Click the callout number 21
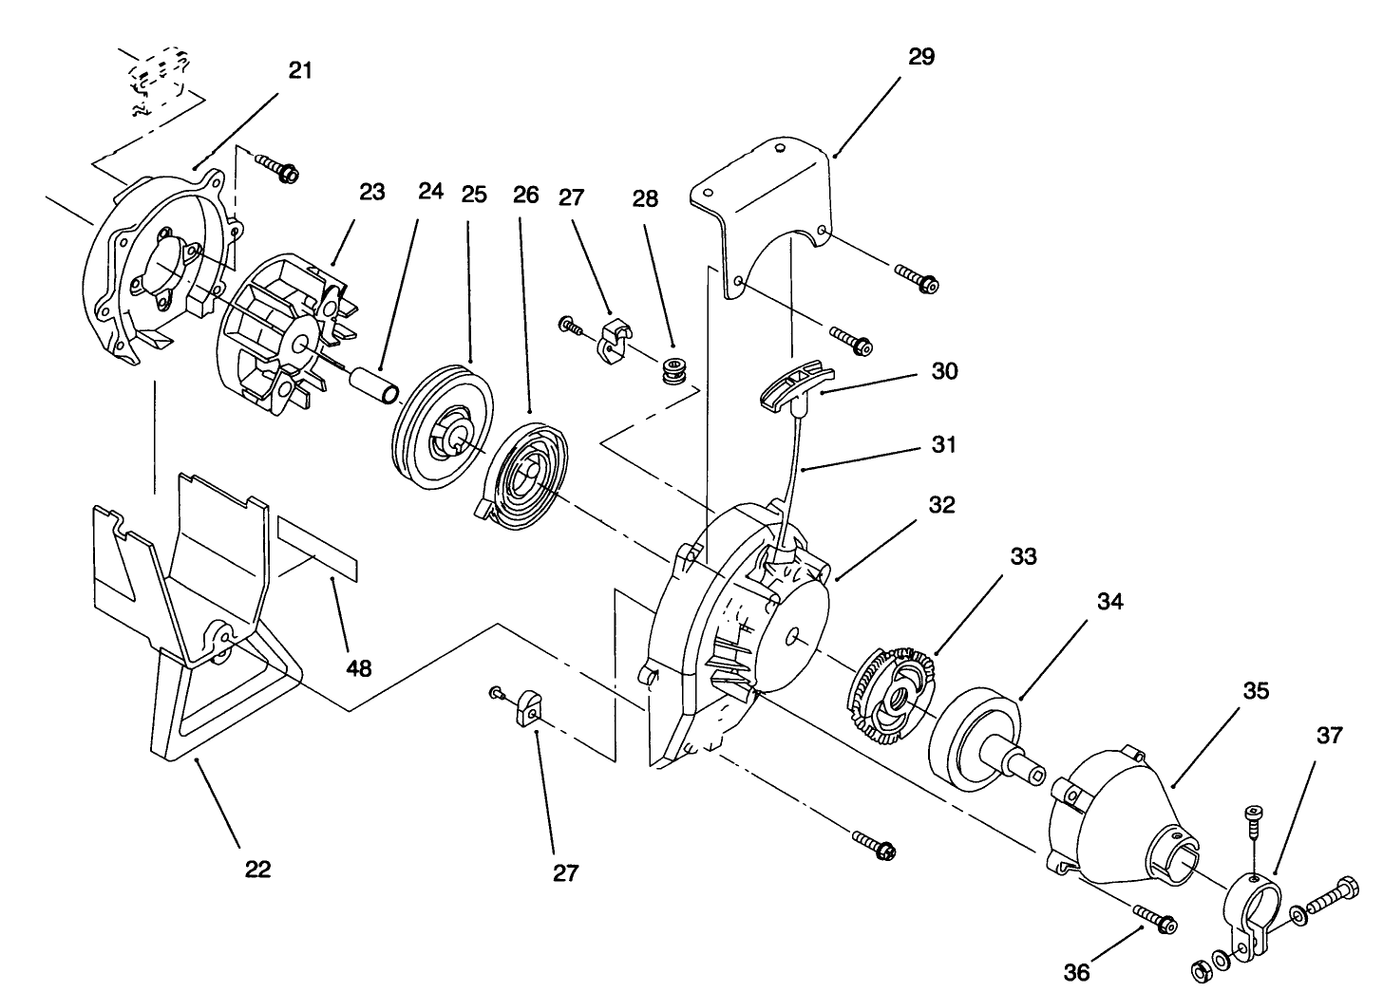(300, 71)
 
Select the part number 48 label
(358, 667)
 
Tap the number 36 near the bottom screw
(1077, 972)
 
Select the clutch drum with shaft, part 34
(978, 739)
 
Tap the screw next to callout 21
(277, 171)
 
